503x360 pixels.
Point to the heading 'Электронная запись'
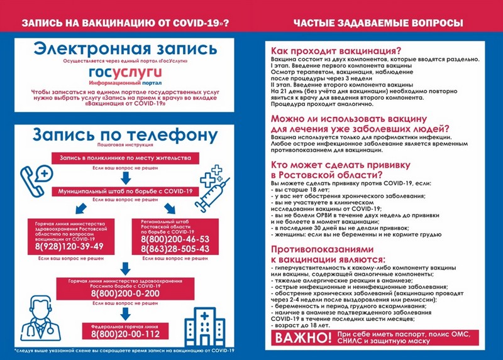pyautogui.click(x=126, y=48)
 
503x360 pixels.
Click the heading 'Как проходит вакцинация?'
pyautogui.click(x=336, y=51)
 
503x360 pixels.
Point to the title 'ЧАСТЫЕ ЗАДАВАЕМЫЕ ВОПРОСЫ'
pyautogui.click(x=377, y=23)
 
